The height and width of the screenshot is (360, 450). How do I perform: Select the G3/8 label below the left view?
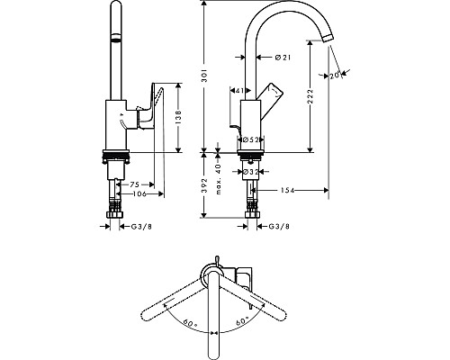point(141,226)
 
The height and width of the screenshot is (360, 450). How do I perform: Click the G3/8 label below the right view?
point(278,226)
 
